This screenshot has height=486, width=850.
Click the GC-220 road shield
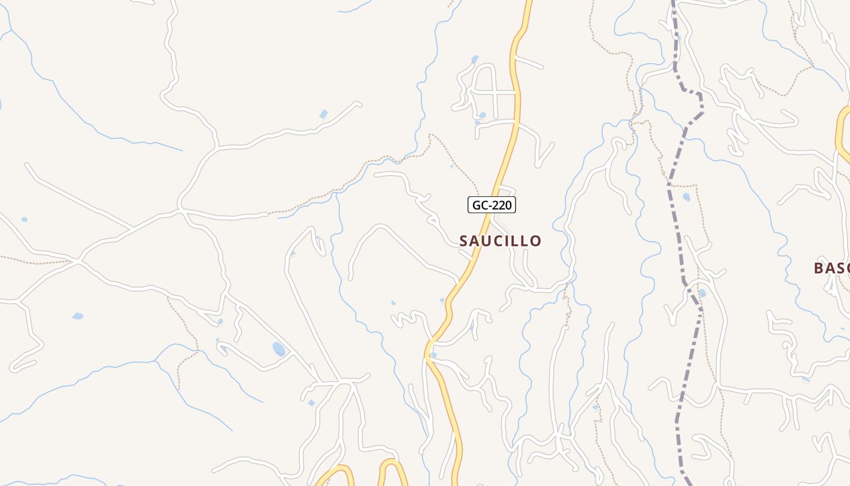(x=492, y=205)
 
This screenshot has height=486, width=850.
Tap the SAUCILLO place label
(x=500, y=241)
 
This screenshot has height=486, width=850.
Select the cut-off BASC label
(x=831, y=268)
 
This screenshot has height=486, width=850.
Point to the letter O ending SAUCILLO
(x=535, y=241)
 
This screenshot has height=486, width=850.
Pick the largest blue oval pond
(x=279, y=349)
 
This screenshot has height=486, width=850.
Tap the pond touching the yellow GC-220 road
(x=433, y=355)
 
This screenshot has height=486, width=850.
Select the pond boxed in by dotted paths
(x=687, y=197)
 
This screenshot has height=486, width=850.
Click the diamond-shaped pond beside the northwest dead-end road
(x=324, y=114)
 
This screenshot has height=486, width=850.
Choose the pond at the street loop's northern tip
(x=474, y=60)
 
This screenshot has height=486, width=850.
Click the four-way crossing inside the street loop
(x=497, y=92)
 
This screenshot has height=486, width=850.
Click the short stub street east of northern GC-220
(x=528, y=62)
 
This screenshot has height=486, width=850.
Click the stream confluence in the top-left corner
(x=10, y=30)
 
